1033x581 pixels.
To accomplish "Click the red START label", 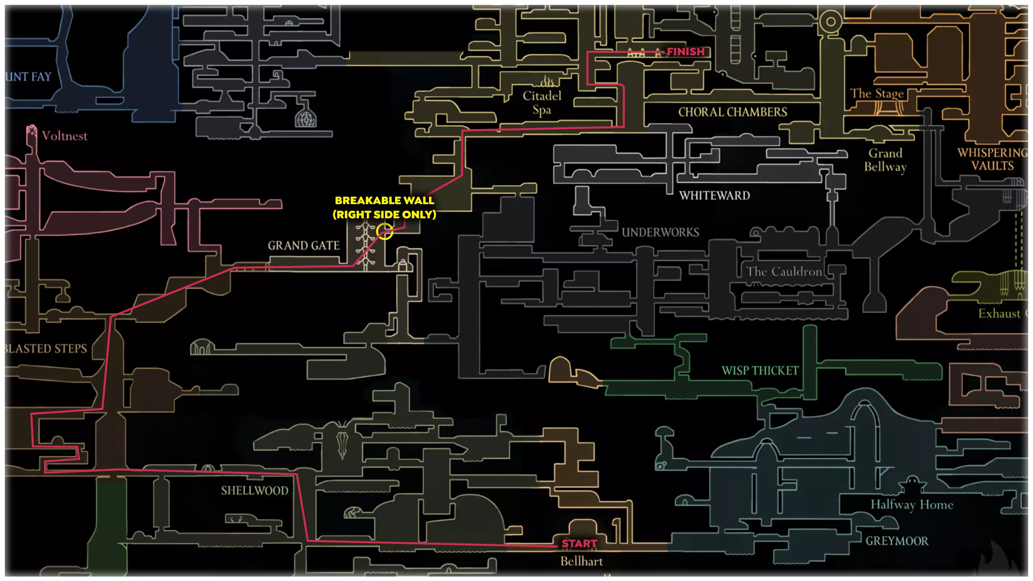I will pos(579,543).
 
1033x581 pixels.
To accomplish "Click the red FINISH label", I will pos(686,52).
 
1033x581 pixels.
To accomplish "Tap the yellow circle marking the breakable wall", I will pos(385,231).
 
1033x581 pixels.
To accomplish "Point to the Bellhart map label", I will pos(581,561).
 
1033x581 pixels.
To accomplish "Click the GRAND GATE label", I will pos(303,245).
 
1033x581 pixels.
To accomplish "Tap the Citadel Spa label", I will pos(542,102).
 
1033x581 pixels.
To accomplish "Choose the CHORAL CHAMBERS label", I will pos(732,112).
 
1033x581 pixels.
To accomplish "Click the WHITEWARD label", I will pos(714,196).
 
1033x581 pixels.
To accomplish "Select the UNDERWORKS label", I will pos(660,232).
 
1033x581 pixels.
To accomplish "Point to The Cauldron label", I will pos(784,272).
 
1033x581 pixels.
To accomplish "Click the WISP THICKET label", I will pos(760,370).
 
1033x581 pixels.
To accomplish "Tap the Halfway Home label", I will pos(912,504).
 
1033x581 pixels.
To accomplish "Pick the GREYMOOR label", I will pos(897,541).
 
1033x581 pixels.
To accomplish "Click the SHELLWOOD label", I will pos(255,491).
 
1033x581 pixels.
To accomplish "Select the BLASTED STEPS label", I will pos(45,349).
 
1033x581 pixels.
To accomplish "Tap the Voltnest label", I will pos(64,136).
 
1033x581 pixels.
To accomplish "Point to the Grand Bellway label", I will pos(885,160).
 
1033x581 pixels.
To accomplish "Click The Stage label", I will pos(877,94).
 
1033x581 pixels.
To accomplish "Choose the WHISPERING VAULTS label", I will pos(992,159).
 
